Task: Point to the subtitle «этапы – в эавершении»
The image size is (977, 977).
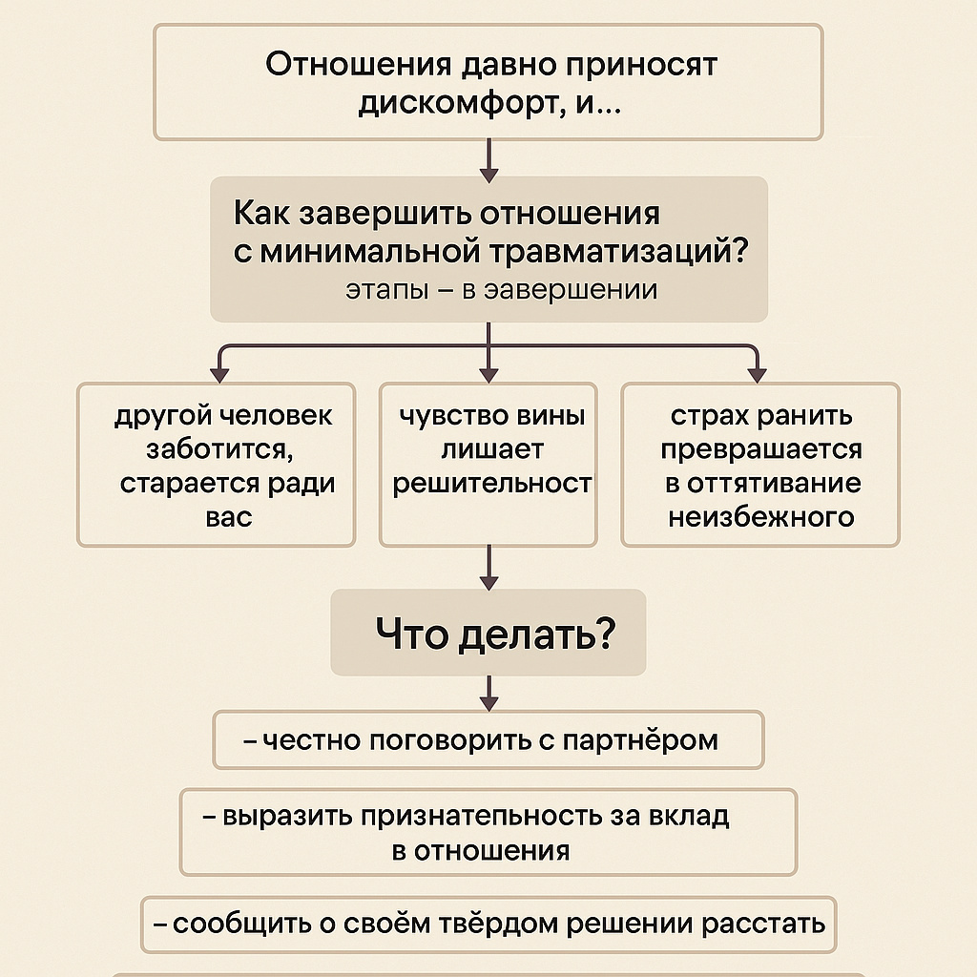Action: coord(501,289)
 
